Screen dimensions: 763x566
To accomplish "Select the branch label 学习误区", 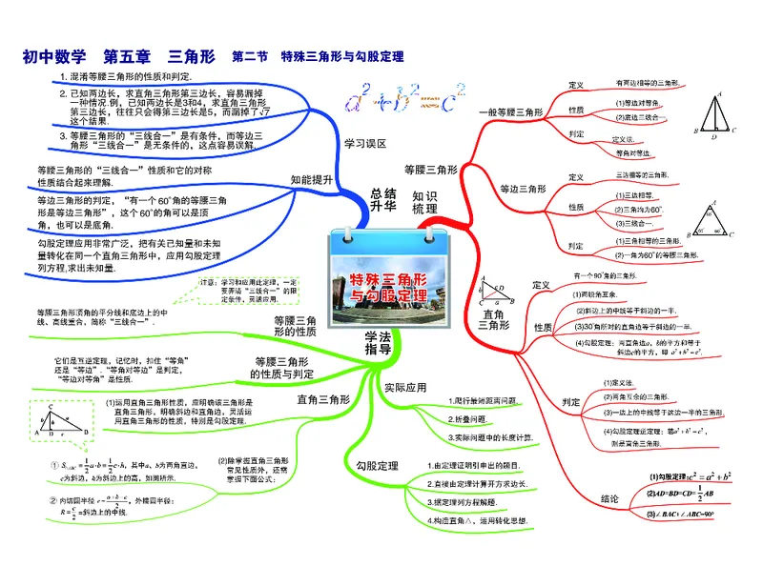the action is point(365,144).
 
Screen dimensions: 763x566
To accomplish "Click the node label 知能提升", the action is point(312,179).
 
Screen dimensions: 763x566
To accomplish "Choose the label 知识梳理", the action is point(425,201).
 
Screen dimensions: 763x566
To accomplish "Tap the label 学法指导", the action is point(381,344).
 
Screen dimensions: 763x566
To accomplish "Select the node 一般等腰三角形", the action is point(510,112).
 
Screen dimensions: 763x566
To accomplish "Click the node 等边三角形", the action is point(520,188).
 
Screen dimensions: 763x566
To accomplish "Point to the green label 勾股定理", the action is point(376,466).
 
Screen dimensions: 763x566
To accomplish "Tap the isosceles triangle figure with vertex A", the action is point(717,115).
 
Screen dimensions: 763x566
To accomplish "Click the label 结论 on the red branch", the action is point(610,497).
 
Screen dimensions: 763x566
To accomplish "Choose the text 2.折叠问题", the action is point(469,419).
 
